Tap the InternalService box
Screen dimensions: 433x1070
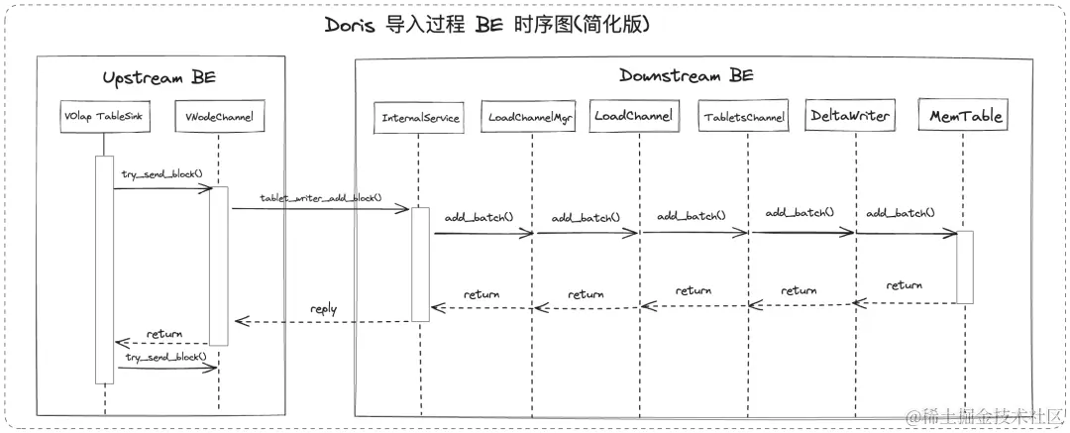[x=420, y=118]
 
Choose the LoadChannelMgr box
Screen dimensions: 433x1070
[x=532, y=118]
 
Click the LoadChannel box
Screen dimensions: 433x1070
[x=634, y=116]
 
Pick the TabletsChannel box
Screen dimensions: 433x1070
[x=745, y=118]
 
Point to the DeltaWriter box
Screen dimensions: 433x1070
[x=849, y=116]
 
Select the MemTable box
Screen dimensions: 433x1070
[x=966, y=116]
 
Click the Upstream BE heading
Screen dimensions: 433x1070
[x=160, y=77]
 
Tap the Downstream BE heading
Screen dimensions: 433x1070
[x=687, y=74]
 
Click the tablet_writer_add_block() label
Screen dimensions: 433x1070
[x=321, y=198]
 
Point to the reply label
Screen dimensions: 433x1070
[x=324, y=309]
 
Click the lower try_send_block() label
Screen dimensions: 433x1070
[x=165, y=356]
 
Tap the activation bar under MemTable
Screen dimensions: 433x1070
[x=965, y=268]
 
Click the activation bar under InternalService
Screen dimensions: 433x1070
[x=420, y=264]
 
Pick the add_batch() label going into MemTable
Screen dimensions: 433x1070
[x=900, y=213]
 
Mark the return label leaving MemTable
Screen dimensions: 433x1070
[x=904, y=285]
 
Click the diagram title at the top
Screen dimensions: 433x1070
[x=486, y=25]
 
